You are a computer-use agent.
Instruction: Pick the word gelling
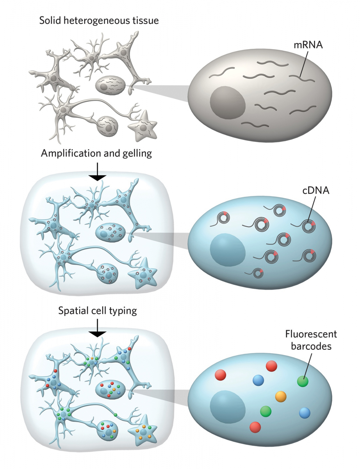(x=136, y=154)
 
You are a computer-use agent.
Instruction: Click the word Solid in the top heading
(x=50, y=20)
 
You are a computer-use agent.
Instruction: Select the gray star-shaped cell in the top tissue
(x=143, y=128)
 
